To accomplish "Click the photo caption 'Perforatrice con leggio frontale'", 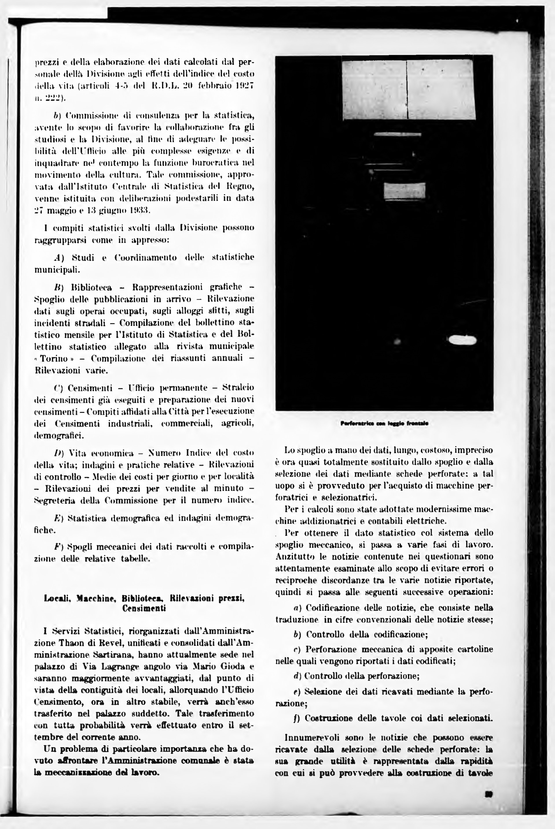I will click(384, 423).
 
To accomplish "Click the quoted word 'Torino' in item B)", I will click(54, 358).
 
